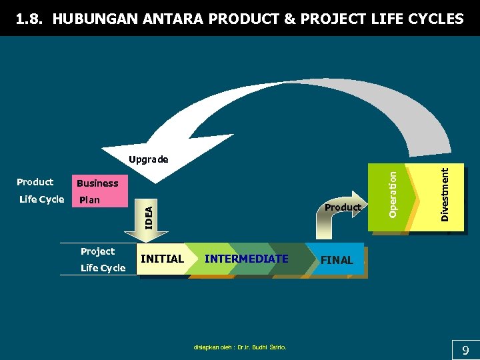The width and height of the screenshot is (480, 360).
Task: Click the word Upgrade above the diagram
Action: coord(149,160)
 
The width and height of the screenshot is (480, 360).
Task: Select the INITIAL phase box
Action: coord(162,259)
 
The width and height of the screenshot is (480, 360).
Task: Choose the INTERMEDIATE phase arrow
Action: coord(247,259)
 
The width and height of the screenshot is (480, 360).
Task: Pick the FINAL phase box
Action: coord(337,260)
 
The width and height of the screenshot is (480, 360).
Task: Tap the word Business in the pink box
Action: coord(97,183)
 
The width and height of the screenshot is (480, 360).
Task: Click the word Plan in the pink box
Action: coord(89,200)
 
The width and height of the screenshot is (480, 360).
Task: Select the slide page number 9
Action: coord(465,350)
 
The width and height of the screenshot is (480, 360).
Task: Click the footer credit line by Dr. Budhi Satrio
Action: coord(240,347)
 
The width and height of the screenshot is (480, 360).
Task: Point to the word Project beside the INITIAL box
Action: coord(97,251)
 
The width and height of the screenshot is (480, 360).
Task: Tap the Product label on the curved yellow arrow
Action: coord(343,207)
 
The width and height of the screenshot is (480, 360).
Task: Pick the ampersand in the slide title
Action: coord(291,19)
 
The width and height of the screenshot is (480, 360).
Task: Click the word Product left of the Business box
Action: coord(35,182)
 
